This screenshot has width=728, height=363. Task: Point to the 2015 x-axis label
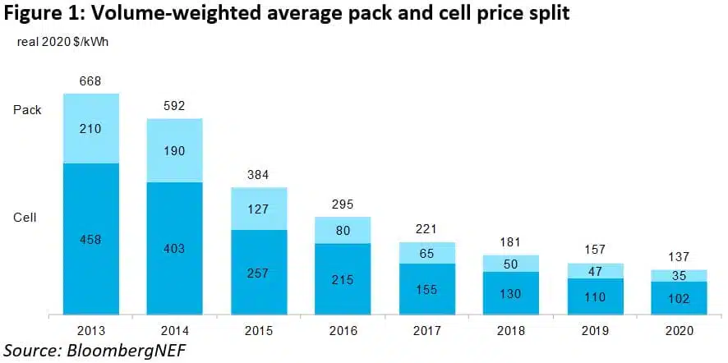click(x=258, y=330)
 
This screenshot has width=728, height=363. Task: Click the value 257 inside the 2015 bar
click(x=258, y=272)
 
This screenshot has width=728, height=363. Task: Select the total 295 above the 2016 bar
click(x=343, y=204)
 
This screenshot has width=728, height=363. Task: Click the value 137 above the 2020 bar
click(x=680, y=257)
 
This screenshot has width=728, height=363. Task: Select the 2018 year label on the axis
click(x=511, y=330)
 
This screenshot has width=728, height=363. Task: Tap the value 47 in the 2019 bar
click(x=595, y=270)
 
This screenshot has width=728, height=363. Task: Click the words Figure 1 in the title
click(x=45, y=15)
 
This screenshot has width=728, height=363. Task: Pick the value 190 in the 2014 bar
click(x=174, y=151)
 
